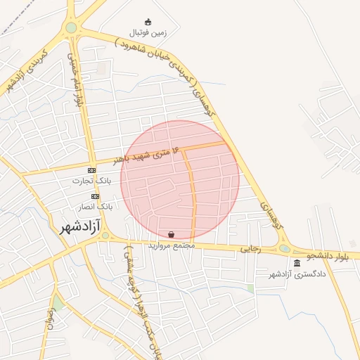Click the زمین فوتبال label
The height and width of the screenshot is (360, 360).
(x=148, y=32)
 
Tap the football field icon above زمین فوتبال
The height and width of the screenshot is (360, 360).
(x=148, y=22)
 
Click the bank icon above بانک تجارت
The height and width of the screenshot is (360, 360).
(x=92, y=171)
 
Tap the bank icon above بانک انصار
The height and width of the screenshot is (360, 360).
(x=95, y=196)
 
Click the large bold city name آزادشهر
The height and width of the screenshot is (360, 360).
(x=76, y=226)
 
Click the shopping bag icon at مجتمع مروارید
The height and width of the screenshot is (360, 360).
(x=172, y=235)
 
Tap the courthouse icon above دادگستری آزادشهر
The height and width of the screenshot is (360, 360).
(x=297, y=263)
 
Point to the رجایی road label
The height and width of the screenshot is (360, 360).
(x=250, y=248)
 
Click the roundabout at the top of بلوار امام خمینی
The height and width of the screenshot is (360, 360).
(x=71, y=28)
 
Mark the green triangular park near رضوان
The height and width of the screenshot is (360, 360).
(x=58, y=303)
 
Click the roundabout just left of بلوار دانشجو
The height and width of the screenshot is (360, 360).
(x=284, y=248)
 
